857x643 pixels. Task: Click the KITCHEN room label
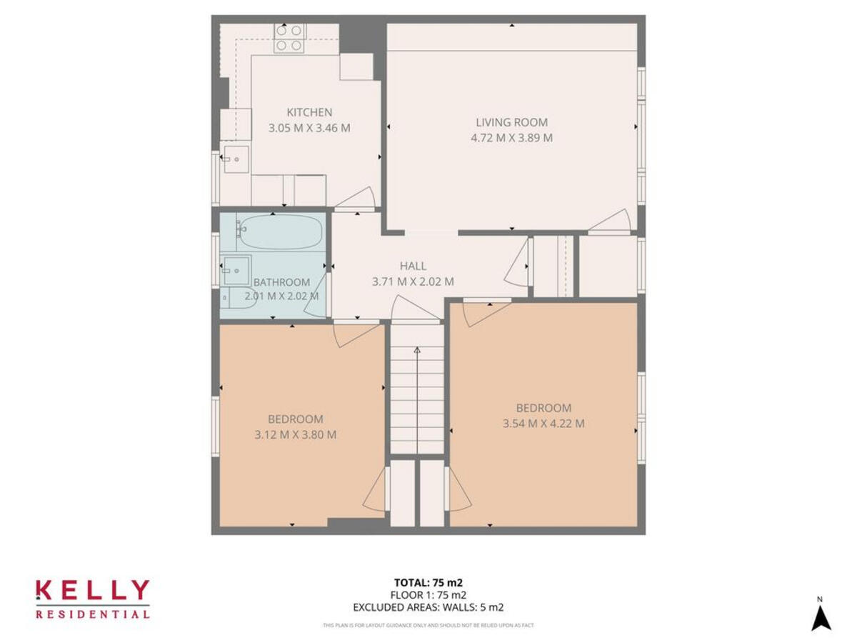click(309, 112)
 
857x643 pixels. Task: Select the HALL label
click(413, 266)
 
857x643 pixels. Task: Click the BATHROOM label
click(281, 282)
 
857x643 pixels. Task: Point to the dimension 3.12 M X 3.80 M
click(295, 434)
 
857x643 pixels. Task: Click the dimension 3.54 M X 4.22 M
click(543, 423)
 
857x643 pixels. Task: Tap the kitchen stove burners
click(290, 38)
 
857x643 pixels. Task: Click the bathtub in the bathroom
click(279, 231)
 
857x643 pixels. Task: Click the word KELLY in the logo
click(92, 592)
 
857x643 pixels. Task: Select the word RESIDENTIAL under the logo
click(92, 614)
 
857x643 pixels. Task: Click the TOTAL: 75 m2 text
click(428, 582)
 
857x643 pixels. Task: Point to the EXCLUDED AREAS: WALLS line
click(428, 607)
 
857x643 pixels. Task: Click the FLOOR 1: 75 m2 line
click(428, 594)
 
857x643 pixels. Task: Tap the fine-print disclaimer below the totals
click(428, 625)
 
